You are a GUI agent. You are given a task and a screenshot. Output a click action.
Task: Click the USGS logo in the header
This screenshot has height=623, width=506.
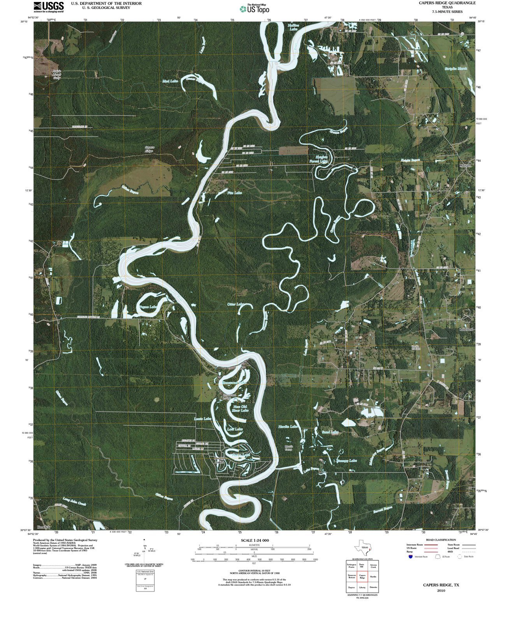[x=49, y=7]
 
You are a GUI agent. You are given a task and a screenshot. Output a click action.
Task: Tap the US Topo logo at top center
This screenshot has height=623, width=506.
[x=255, y=9]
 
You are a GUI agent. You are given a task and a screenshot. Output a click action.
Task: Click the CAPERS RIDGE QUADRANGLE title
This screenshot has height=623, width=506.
[x=447, y=3]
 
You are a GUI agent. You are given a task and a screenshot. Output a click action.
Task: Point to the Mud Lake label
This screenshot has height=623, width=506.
[x=170, y=81]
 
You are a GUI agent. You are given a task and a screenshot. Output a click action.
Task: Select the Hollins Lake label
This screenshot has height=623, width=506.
[x=293, y=27]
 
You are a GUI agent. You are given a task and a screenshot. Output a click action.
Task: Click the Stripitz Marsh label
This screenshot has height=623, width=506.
[x=456, y=69]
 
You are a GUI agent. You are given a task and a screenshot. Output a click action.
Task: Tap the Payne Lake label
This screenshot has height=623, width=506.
[x=148, y=307]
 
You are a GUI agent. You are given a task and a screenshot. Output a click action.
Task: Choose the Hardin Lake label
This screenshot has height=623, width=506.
[x=288, y=427]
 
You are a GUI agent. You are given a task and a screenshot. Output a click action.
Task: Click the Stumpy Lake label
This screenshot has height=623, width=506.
[x=347, y=461]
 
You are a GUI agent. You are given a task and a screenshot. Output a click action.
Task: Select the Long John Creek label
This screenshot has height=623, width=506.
[x=74, y=502]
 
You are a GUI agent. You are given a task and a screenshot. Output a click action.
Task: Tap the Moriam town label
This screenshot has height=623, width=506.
[x=465, y=165]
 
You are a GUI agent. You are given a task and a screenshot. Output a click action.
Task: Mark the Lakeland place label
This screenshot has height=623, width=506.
[x=466, y=329]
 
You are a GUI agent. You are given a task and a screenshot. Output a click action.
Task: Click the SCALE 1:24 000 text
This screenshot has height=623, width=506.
[x=255, y=540]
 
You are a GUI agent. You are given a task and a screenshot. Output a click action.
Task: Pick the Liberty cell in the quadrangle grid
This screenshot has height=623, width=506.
[x=362, y=587]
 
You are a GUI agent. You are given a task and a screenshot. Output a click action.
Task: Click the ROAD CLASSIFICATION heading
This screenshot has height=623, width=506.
[x=441, y=540]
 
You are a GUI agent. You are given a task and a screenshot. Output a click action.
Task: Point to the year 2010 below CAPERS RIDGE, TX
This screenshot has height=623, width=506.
[x=441, y=590]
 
